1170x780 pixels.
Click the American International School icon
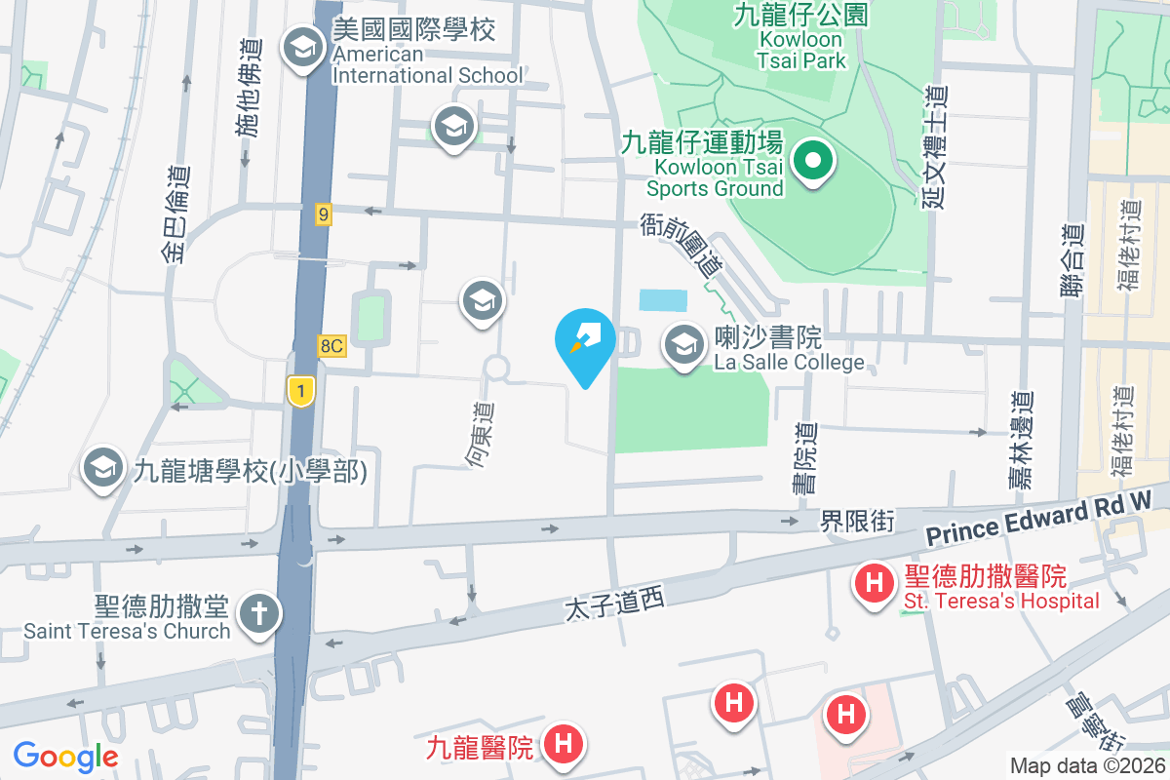(x=303, y=47)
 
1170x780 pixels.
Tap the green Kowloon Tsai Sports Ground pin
(x=810, y=161)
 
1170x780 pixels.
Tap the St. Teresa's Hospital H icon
(x=875, y=584)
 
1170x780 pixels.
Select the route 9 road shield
(x=324, y=214)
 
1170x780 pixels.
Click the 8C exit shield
(x=331, y=345)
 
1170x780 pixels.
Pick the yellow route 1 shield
(x=300, y=391)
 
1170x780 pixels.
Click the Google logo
(x=66, y=756)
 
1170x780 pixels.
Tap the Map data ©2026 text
(x=1086, y=765)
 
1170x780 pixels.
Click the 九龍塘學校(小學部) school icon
(x=103, y=470)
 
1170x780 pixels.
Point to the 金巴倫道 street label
(x=175, y=214)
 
